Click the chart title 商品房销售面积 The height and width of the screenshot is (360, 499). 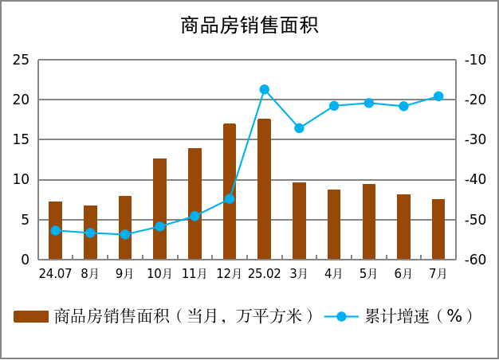click(249, 25)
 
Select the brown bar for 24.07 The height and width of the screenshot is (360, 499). click(55, 230)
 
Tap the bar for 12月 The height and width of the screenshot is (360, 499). click(230, 191)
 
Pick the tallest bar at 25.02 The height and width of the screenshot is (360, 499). click(264, 189)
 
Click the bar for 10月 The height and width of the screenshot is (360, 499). click(159, 209)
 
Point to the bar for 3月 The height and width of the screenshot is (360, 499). click(299, 221)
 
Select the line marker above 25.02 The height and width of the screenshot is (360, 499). click(264, 90)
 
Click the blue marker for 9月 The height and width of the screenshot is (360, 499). click(125, 234)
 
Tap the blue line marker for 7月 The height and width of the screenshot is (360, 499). click(438, 96)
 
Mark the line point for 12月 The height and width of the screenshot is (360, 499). click(230, 198)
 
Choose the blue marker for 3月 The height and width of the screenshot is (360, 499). click(299, 128)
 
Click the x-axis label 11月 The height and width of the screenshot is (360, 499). click(194, 274)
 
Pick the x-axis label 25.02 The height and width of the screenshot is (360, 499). click(264, 274)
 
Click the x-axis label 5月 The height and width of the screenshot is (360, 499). click(368, 274)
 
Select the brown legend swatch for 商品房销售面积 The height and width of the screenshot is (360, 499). click(31, 316)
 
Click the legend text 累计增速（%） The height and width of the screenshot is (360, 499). click(419, 316)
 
